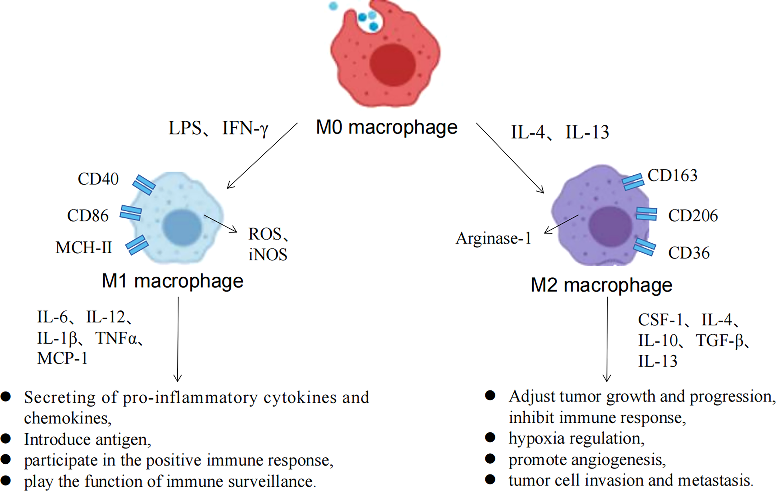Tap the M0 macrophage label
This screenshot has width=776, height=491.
[386, 127]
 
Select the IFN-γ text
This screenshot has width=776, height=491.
[245, 128]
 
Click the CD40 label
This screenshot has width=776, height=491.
[98, 179]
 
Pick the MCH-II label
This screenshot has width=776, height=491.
[83, 248]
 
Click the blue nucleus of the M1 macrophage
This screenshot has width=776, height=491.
[182, 227]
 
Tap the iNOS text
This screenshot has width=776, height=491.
[268, 255]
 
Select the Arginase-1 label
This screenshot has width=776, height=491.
[493, 239]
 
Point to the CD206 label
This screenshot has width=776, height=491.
[693, 216]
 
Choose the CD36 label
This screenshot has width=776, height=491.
[689, 253]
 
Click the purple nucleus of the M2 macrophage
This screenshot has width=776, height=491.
[609, 227]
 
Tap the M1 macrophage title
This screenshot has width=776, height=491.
[172, 281]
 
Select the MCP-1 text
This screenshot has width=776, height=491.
[62, 358]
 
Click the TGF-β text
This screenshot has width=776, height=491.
[720, 340]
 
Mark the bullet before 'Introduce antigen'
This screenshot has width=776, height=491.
[6, 439]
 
